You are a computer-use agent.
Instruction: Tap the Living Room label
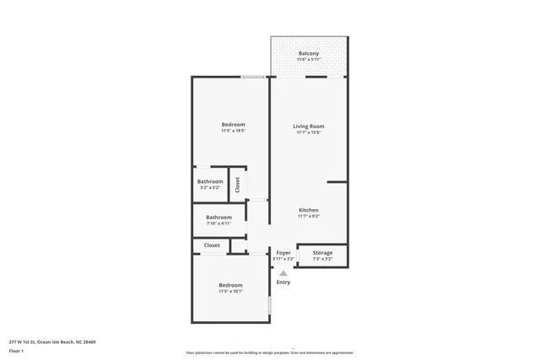pyautogui.click(x=310, y=126)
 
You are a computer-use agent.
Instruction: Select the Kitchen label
pyautogui.click(x=309, y=210)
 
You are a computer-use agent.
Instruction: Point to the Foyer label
pyautogui.click(x=283, y=252)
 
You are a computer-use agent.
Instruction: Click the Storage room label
pyautogui.click(x=322, y=252)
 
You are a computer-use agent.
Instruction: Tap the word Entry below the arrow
pyautogui.click(x=283, y=282)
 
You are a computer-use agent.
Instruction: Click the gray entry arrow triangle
pyautogui.click(x=283, y=272)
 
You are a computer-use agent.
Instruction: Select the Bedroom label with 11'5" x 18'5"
pyautogui.click(x=232, y=125)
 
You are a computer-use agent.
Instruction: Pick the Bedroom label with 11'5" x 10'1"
pyautogui.click(x=230, y=285)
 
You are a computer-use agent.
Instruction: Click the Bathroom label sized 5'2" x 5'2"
pyautogui.click(x=210, y=181)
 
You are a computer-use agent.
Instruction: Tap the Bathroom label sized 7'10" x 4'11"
pyautogui.click(x=219, y=217)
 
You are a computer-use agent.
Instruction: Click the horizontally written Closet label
pyautogui.click(x=212, y=245)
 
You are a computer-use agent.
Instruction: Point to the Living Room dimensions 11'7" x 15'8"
pyautogui.click(x=310, y=132)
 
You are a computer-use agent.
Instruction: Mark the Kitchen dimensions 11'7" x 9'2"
pyautogui.click(x=309, y=217)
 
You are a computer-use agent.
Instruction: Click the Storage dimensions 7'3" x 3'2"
pyautogui.click(x=322, y=259)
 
